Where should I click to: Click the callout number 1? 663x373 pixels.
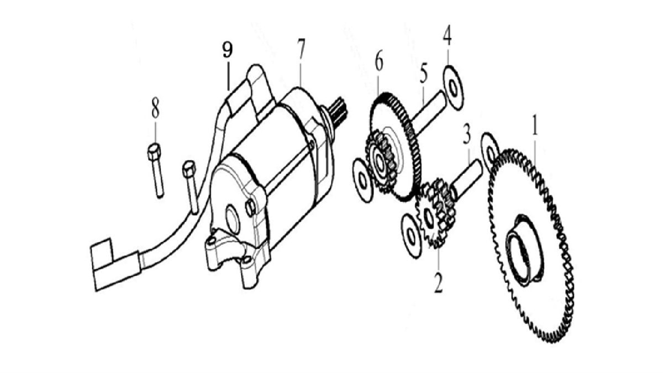[x=535, y=125]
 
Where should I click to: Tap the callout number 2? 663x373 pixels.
[x=438, y=282]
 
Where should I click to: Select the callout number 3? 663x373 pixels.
[x=466, y=134]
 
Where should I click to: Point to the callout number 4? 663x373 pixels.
[x=447, y=35]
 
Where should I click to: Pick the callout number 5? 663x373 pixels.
[x=424, y=73]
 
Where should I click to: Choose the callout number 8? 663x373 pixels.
[x=155, y=107]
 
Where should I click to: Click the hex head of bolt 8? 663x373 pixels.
[x=154, y=151]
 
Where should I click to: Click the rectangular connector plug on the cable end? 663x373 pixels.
[x=114, y=266]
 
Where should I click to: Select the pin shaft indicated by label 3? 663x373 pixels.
[x=466, y=179]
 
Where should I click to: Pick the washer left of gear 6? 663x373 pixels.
[x=362, y=180]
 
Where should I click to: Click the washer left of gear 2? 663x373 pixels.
[x=412, y=235]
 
